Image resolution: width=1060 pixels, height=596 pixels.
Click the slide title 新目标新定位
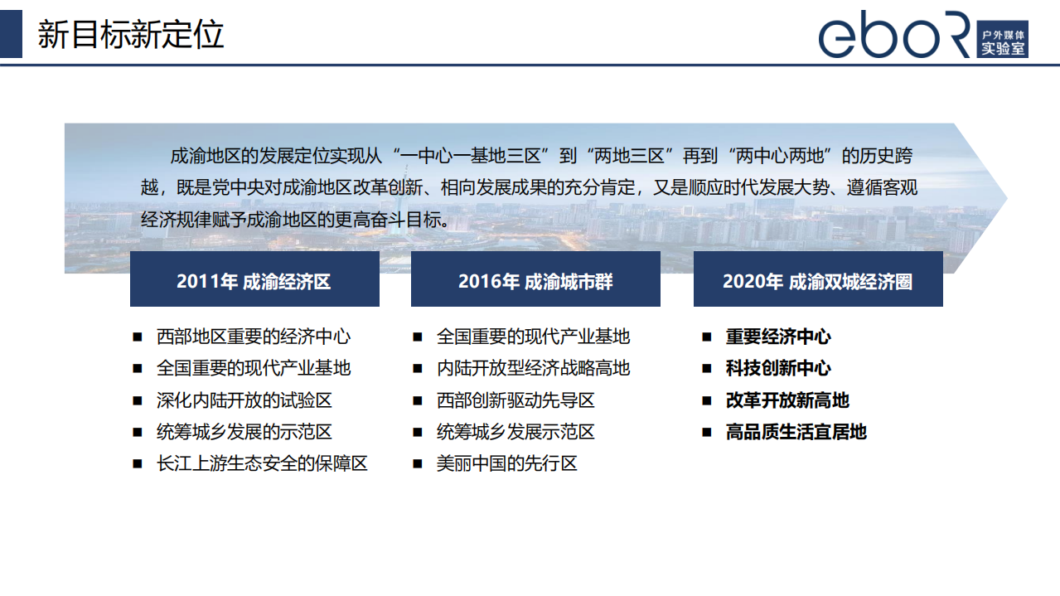(131, 35)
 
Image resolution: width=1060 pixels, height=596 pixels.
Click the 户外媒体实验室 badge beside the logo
(1002, 39)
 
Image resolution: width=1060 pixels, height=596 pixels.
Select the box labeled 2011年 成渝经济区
(254, 279)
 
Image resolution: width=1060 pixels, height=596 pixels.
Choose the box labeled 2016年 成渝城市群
(535, 279)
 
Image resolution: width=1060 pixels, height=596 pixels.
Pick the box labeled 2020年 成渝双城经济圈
(818, 279)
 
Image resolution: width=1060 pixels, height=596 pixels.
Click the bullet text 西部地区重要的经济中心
(254, 337)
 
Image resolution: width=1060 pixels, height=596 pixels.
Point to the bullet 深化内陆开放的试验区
(244, 400)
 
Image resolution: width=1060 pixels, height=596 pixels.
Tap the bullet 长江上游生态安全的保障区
(262, 463)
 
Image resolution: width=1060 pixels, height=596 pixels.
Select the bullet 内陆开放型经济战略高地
(533, 368)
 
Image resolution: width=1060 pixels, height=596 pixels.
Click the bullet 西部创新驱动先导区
(515, 400)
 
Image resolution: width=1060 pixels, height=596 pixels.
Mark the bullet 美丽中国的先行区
(506, 463)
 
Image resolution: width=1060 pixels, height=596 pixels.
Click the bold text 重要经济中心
(778, 337)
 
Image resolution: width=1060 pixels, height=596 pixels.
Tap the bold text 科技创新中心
(778, 368)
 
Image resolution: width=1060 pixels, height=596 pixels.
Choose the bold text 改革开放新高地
(787, 400)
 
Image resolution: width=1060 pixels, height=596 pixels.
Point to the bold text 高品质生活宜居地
(796, 432)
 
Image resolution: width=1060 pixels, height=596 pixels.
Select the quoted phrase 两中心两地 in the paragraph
(783, 156)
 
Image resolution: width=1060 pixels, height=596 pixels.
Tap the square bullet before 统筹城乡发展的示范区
(138, 432)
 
